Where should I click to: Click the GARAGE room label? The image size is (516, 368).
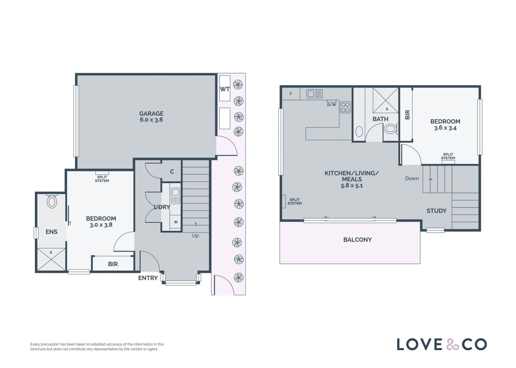click(151, 114)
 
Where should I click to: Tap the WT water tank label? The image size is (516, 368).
click(225, 89)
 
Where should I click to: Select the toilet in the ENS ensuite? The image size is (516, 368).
click(52, 201)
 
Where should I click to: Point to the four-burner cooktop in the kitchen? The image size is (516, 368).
click(345, 107)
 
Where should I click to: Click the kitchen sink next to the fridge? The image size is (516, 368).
click(314, 94)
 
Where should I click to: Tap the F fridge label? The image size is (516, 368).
click(291, 94)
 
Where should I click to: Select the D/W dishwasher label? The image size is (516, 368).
click(331, 105)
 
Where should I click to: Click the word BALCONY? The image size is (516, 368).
click(357, 240)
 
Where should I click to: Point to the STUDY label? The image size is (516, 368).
click(436, 211)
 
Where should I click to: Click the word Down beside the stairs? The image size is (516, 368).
click(412, 178)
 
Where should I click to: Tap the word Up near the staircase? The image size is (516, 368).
click(195, 236)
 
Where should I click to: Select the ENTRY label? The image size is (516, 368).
click(148, 278)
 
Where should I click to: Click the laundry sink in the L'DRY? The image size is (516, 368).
click(175, 196)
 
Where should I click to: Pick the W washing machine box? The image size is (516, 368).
click(175, 222)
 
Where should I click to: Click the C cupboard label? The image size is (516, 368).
click(172, 172)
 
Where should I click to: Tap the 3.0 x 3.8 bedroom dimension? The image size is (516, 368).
click(101, 225)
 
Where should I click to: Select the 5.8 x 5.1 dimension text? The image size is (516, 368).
click(352, 185)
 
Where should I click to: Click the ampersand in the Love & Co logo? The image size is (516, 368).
click(453, 344)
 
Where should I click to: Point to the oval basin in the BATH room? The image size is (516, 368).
click(359, 132)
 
